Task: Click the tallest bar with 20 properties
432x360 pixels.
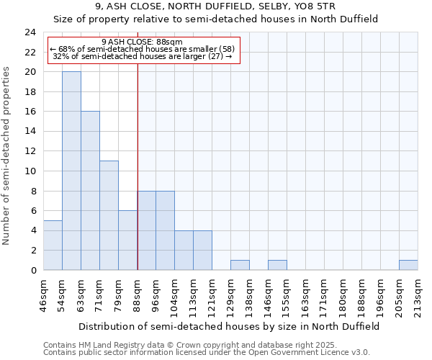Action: (x=71, y=171)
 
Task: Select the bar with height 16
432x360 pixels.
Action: (x=90, y=191)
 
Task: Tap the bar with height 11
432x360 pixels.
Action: (x=109, y=215)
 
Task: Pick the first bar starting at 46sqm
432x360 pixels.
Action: (x=53, y=245)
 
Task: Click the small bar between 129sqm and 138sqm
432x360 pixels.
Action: (x=240, y=265)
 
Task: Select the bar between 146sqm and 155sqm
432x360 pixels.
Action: (x=277, y=265)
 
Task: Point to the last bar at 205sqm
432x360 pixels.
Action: (x=408, y=265)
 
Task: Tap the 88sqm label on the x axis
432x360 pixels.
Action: (x=138, y=292)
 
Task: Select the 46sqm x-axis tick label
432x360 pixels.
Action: (x=44, y=292)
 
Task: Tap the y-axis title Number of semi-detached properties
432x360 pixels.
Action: (x=7, y=156)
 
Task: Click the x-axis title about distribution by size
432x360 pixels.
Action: (x=229, y=326)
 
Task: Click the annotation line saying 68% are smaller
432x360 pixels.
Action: (x=143, y=48)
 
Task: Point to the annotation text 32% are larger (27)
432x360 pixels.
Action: (x=143, y=56)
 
